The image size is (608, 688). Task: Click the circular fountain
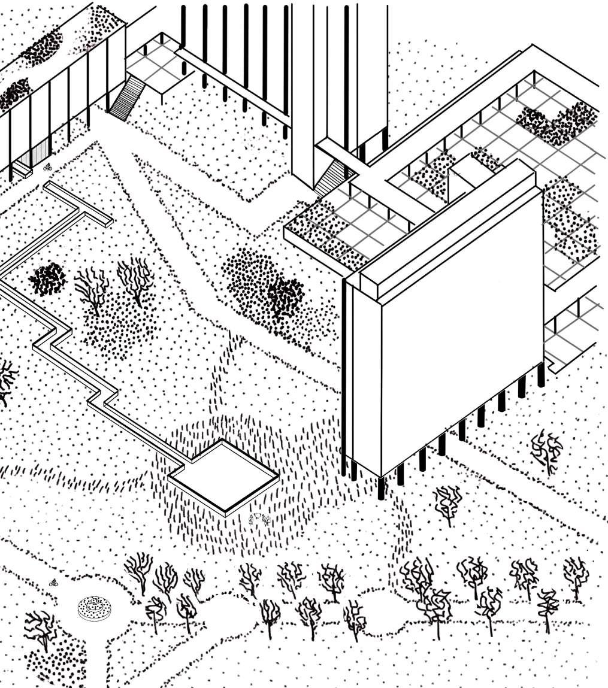(x=94, y=608)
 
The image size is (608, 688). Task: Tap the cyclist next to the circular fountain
(x=53, y=583)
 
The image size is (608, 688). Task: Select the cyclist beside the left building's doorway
(x=49, y=167)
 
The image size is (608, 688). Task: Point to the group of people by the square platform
(x=259, y=519)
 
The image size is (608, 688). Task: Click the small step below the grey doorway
(x=23, y=172)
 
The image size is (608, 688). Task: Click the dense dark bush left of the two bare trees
(x=48, y=279)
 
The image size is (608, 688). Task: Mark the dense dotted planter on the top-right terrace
(x=557, y=123)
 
